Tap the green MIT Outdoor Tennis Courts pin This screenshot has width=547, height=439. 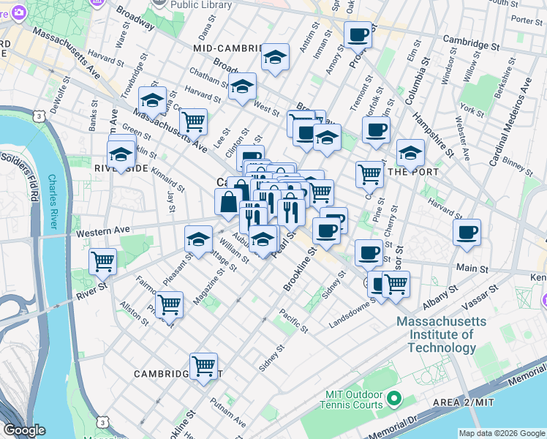click(x=395, y=399)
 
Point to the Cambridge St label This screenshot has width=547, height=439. click(x=475, y=45)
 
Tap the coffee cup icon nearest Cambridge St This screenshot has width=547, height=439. click(x=358, y=34)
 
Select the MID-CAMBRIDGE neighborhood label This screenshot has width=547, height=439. click(x=227, y=48)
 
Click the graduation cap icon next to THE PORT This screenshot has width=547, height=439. click(x=411, y=154)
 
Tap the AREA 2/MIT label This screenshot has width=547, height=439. click(x=505, y=403)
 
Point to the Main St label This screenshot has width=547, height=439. click(x=471, y=269)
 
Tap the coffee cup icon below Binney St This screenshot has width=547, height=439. click(x=467, y=233)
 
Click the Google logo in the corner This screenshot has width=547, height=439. click(x=23, y=430)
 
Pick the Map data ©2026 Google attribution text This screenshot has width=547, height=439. click(x=501, y=433)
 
